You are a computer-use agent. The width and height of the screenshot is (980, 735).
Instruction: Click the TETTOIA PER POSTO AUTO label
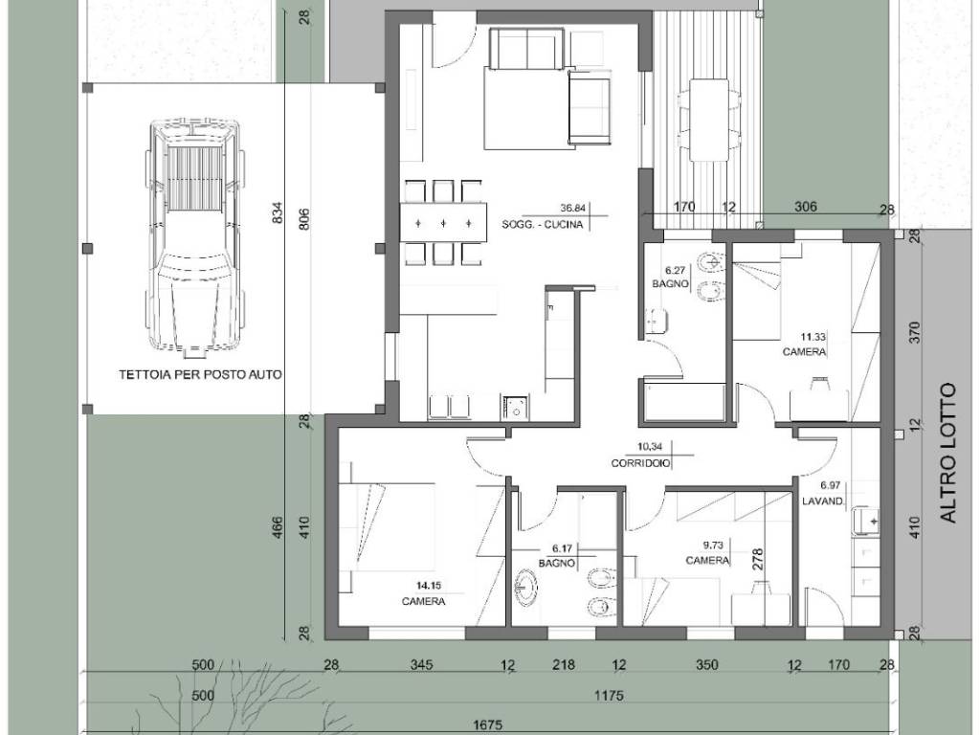pos(200,375)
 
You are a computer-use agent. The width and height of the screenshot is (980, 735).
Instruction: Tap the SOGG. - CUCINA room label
pos(542,224)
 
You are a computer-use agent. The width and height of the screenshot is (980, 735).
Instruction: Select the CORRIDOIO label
pos(640,464)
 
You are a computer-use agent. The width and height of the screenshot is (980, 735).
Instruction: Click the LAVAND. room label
pos(824,501)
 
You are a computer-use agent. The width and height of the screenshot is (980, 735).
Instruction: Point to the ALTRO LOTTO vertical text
pos(948,453)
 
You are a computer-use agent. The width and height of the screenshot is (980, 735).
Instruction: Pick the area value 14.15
pos(429,586)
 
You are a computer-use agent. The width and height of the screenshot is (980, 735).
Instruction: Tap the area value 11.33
pos(813,337)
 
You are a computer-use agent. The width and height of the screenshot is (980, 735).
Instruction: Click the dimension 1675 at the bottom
pos(488,725)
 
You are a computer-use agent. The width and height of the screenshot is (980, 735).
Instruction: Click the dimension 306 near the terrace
pos(805,207)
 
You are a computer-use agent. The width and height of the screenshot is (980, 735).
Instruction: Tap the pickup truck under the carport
pos(193,237)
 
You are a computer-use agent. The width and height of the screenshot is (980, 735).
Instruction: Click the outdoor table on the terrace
pos(709,120)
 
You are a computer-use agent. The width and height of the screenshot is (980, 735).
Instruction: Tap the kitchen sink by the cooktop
pos(515,407)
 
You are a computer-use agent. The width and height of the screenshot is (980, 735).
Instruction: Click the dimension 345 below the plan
pos(421,665)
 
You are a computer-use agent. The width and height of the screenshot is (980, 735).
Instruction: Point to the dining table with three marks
pos(442,222)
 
